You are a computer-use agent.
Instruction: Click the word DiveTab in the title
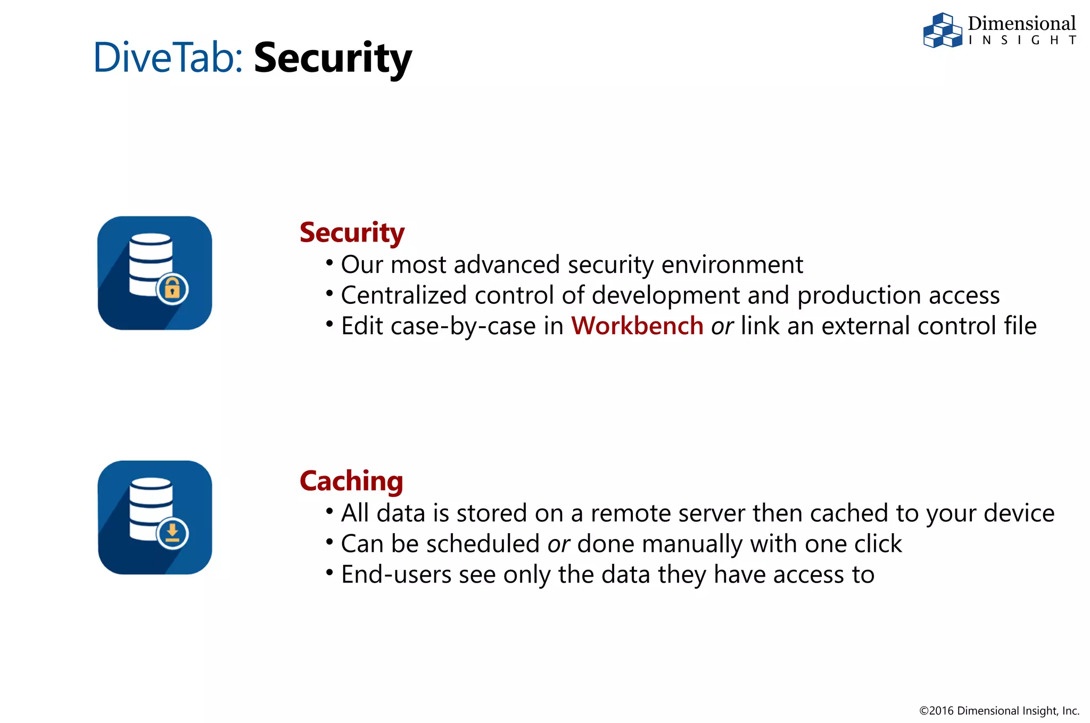coord(167,57)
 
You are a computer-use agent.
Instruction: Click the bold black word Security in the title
coord(333,59)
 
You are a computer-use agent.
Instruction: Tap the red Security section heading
coord(352,232)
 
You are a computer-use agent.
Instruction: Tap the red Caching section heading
coord(351,481)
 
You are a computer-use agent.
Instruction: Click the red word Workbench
coord(637,326)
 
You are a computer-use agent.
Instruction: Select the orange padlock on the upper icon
coord(172,289)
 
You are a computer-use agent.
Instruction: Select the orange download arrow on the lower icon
coord(172,533)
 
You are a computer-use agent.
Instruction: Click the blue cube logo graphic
coord(942,31)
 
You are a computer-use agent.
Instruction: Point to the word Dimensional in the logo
coord(1021,23)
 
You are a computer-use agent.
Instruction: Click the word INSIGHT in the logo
coord(1021,40)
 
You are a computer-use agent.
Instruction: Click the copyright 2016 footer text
coord(999,711)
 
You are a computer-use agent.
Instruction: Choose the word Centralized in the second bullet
coord(403,295)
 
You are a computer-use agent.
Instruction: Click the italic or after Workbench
coord(722,326)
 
